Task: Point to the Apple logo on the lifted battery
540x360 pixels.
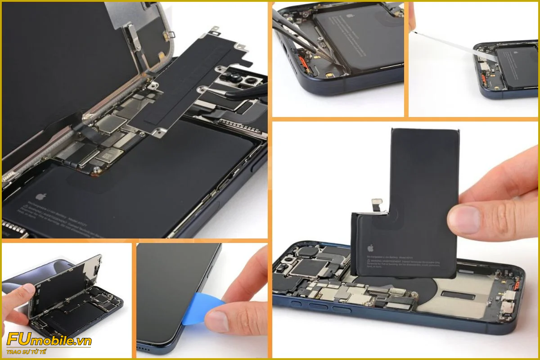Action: coord(370,247)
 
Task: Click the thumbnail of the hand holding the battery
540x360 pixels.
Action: coord(405,238)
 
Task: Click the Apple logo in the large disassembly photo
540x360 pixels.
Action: coord(41,197)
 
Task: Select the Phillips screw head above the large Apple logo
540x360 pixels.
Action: coord(95,171)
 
